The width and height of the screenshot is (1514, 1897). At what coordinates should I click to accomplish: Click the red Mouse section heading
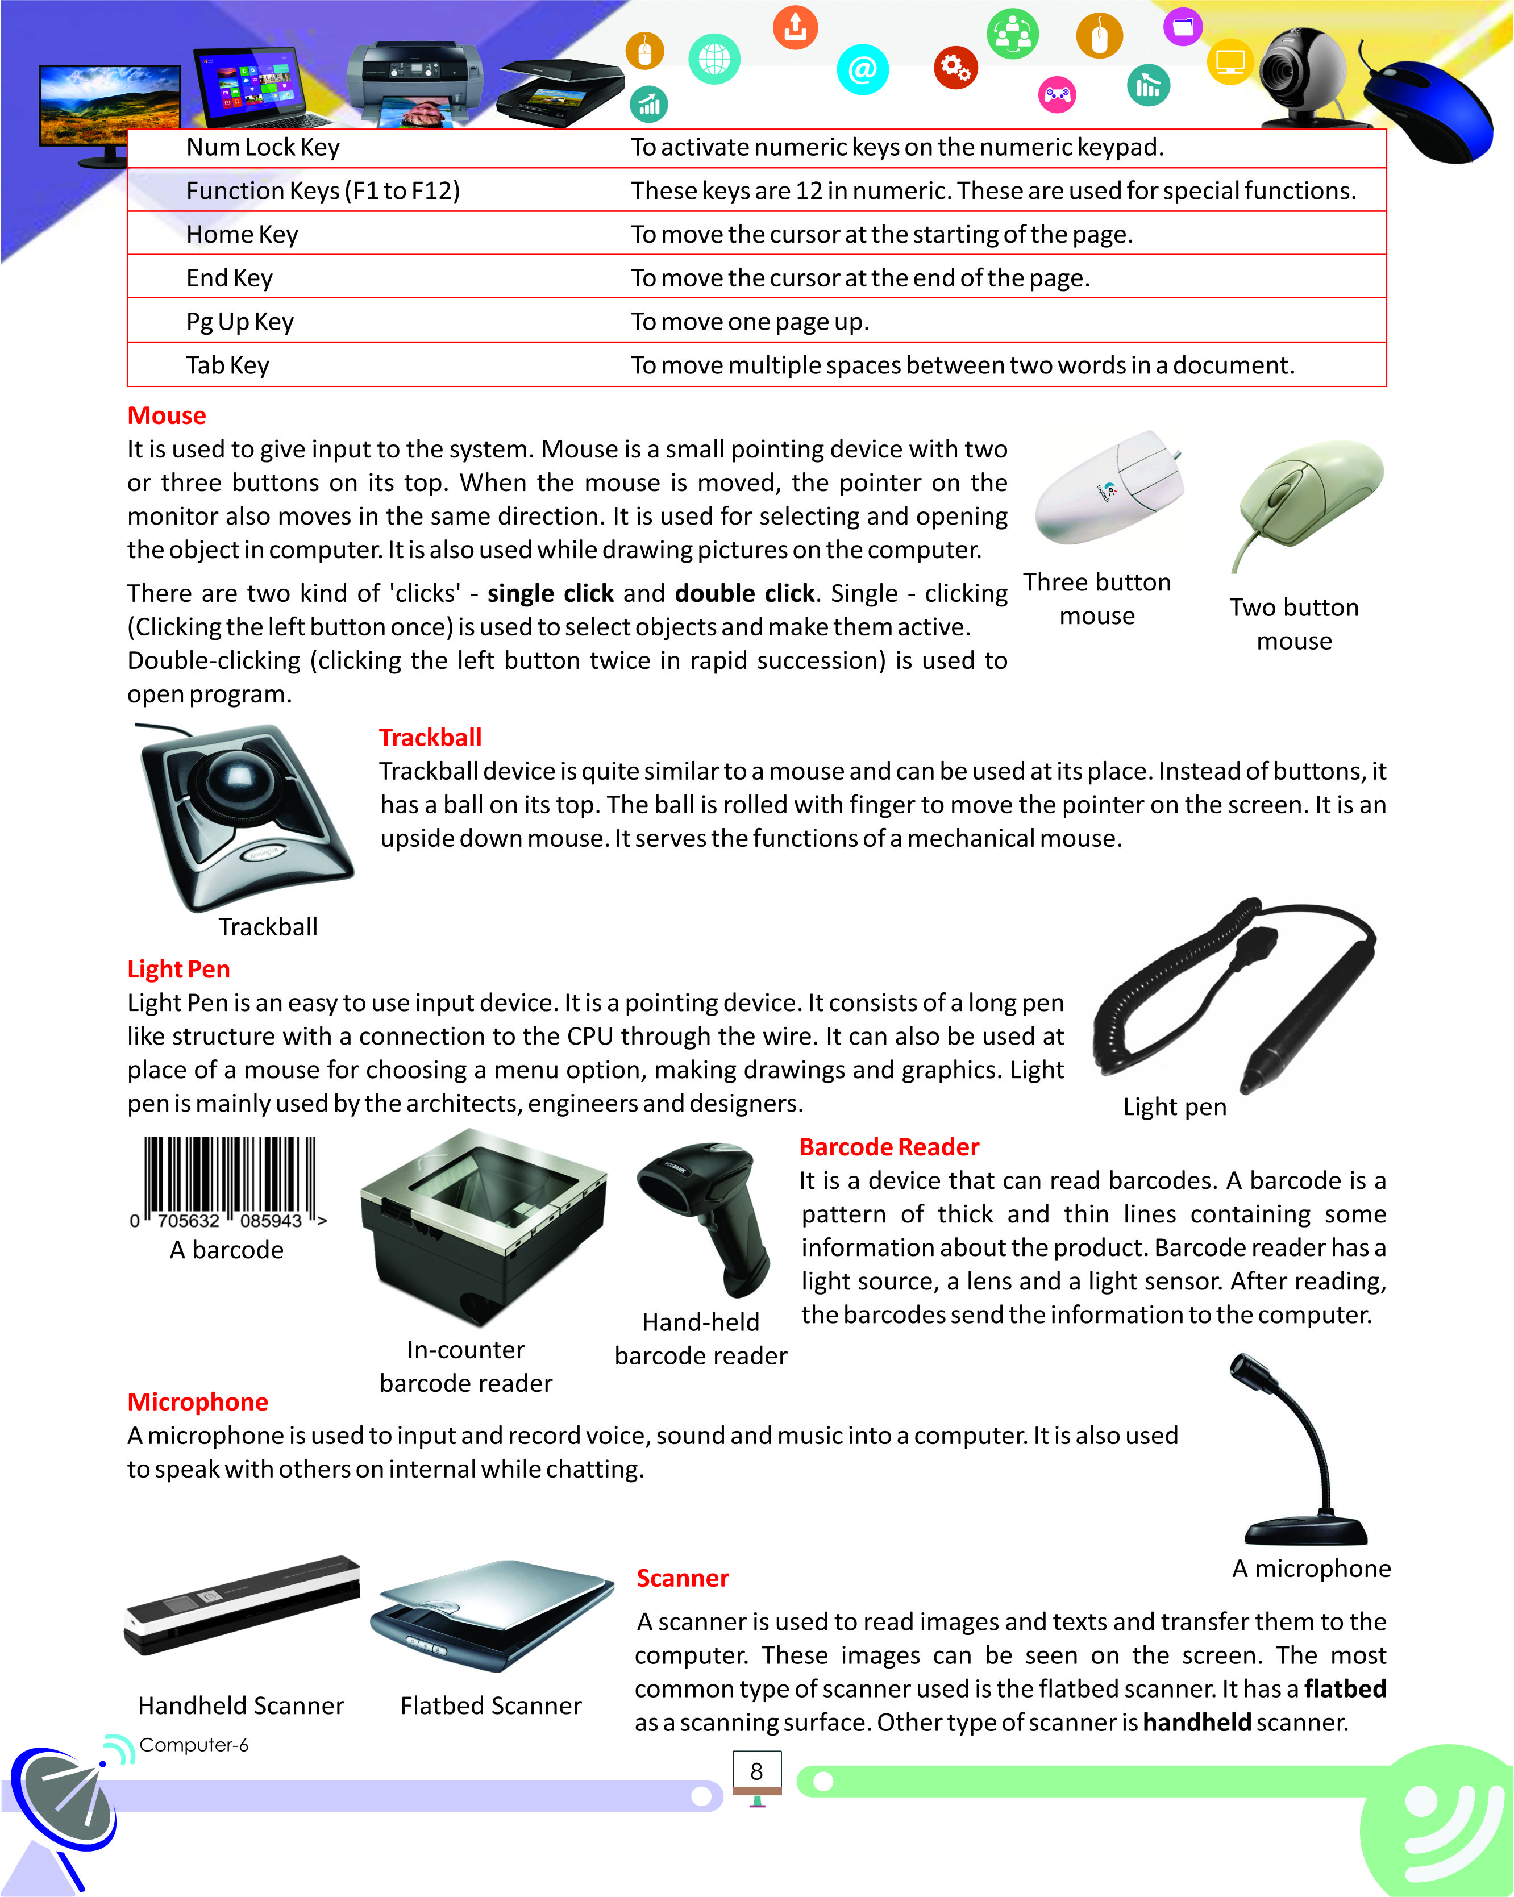pos(167,415)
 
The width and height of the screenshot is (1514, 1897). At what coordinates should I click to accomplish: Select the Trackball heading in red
pos(430,737)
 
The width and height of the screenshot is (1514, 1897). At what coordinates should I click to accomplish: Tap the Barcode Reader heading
pos(888,1147)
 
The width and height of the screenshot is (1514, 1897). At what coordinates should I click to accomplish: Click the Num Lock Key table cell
pos(262,148)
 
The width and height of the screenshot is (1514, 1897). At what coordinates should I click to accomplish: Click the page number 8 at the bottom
pos(756,1771)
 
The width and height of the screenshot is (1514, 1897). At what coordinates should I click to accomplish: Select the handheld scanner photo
pos(242,1606)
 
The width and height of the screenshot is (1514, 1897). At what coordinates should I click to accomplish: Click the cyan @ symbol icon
pos(862,69)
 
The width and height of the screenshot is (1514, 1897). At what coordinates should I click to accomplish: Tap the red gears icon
pos(955,67)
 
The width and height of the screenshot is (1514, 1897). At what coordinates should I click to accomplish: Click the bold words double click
pos(744,594)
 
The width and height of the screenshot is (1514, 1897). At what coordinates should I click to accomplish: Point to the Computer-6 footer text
pos(194,1745)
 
